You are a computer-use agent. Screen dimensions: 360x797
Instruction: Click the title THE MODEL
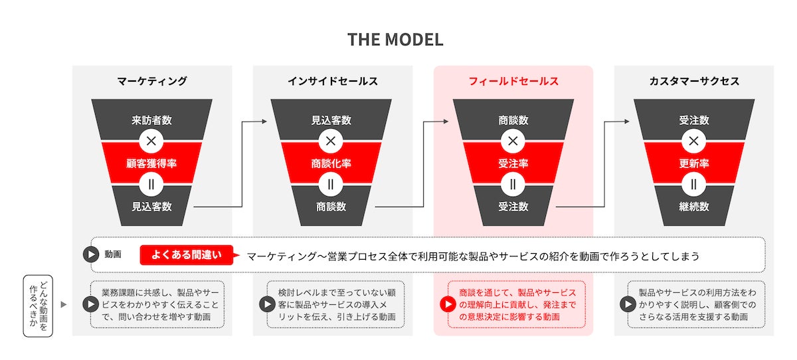395,39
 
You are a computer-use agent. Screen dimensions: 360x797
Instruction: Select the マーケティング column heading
152,81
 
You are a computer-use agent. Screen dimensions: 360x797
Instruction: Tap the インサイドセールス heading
333,81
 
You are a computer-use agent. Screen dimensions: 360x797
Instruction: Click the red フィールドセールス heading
513,81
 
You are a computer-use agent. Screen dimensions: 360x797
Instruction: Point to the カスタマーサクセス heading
694,81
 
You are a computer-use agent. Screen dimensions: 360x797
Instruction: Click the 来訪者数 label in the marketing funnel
152,120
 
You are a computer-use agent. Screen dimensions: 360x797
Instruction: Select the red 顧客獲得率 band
152,163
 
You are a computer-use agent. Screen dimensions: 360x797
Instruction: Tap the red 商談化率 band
333,163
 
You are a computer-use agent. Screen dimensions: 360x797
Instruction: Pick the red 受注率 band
513,163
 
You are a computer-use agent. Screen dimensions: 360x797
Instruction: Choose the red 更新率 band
694,163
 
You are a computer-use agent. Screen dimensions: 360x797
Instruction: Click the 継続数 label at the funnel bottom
694,207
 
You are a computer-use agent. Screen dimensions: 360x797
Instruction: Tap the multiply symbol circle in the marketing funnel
152,141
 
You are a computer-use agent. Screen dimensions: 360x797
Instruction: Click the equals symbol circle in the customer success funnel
694,184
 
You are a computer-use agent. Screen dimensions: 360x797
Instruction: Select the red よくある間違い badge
180,255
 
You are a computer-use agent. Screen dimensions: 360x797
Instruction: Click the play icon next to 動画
90,255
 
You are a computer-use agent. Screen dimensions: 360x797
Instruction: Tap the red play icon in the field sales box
448,305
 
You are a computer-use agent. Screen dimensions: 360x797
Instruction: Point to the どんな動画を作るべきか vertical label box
37,305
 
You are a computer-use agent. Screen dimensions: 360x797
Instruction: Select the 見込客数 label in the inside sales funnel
333,120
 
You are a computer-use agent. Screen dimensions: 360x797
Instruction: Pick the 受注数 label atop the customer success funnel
694,120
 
